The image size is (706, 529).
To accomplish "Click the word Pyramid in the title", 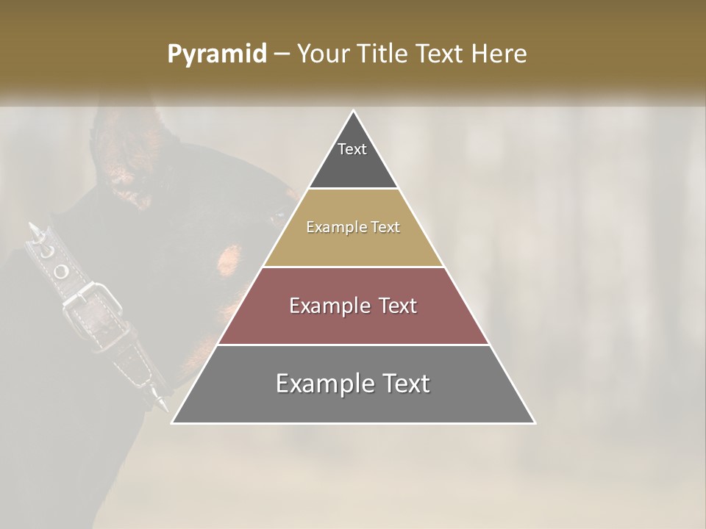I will pos(217,54).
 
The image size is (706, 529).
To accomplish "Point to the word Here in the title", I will pos(499,54).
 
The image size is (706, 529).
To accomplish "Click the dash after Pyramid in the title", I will pos(282,54).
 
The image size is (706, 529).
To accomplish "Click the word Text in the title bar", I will pos(441,54).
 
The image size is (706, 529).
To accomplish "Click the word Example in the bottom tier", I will pos(324,384).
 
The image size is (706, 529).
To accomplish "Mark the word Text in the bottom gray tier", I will pos(406,384).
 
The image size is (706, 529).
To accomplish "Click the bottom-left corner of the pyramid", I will pos(173,422).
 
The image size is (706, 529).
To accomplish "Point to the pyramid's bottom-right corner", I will pos(535,422).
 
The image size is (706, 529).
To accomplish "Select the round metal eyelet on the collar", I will pos(62,272).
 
